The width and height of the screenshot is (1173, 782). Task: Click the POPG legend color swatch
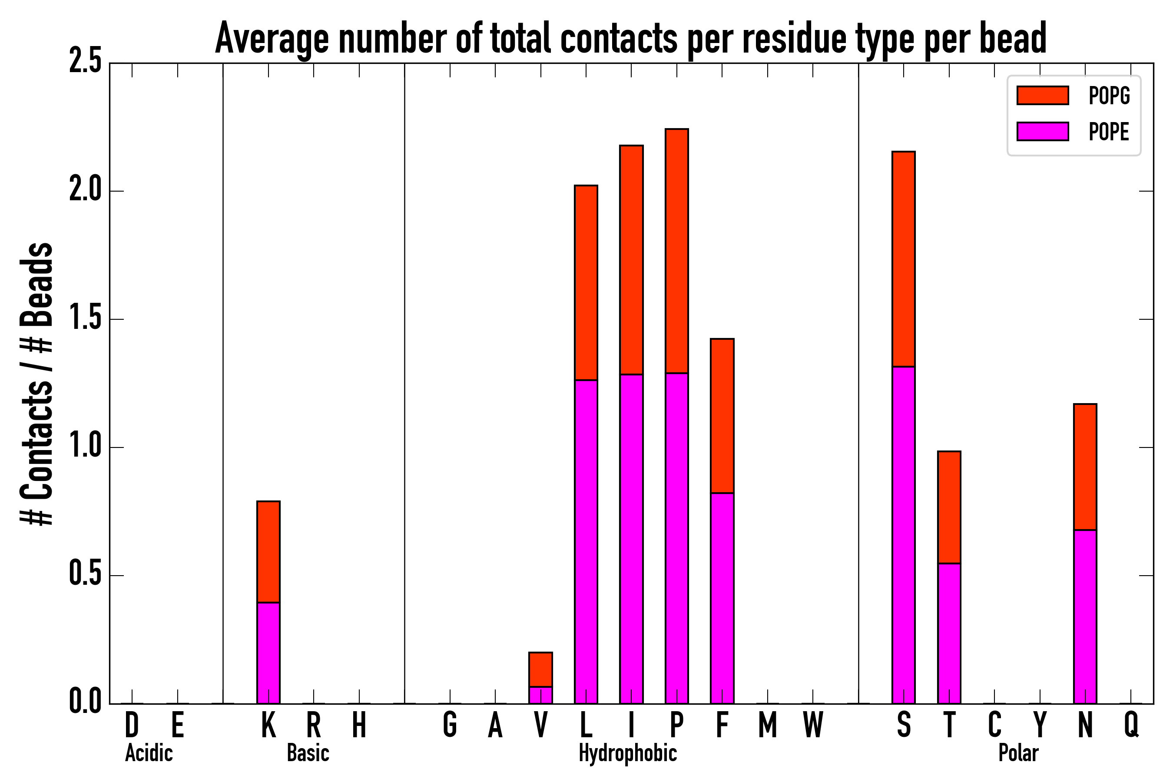(x=1042, y=95)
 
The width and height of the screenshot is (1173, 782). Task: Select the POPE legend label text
(x=1109, y=132)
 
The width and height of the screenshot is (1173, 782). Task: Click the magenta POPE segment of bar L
(x=586, y=542)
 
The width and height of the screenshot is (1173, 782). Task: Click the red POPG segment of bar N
(x=1085, y=467)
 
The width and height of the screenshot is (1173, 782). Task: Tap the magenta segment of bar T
(x=949, y=633)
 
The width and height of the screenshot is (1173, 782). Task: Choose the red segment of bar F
(x=722, y=416)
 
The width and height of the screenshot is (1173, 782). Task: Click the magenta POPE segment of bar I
(x=631, y=539)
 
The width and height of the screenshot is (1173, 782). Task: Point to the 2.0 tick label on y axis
(x=85, y=191)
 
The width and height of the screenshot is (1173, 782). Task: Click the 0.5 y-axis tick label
(x=85, y=575)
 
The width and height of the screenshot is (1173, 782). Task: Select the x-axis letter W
(x=813, y=725)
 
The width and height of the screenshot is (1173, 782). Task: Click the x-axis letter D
(x=132, y=725)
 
